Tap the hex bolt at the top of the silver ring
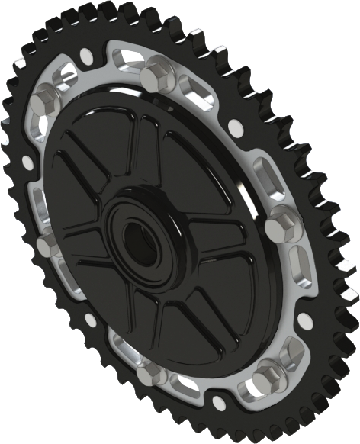[x=157, y=72]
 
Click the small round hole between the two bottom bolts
[x=216, y=402]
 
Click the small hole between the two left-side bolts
[x=27, y=162]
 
